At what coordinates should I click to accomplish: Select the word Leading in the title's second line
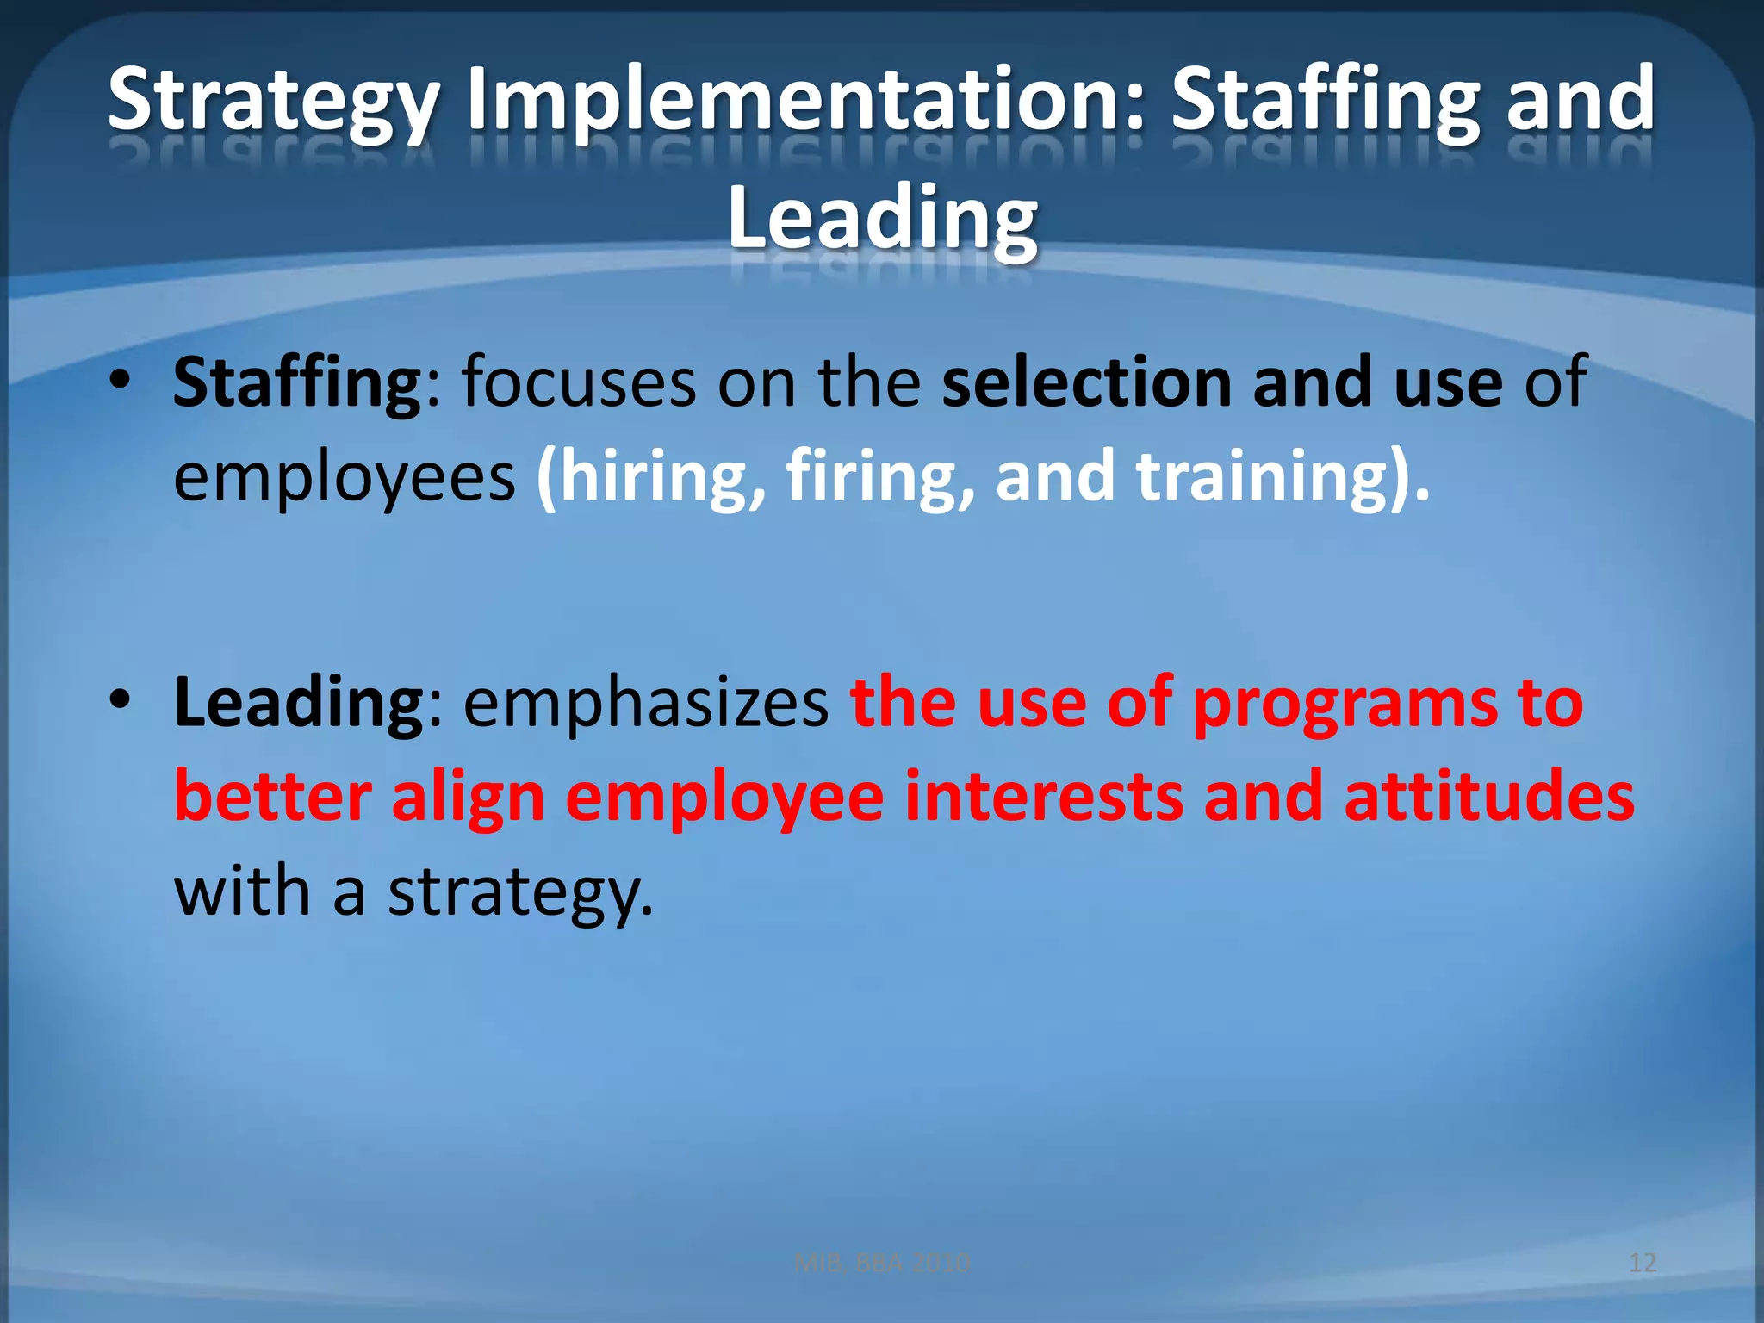[882, 219]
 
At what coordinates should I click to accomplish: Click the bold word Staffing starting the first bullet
[296, 383]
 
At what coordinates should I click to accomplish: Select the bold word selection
[1086, 383]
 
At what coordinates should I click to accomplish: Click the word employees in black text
[344, 477]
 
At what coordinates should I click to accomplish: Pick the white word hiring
[651, 477]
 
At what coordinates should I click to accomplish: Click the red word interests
[1043, 798]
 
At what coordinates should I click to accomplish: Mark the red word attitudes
[1489, 798]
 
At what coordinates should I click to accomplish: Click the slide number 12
[1643, 1263]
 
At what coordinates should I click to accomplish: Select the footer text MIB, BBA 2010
[882, 1263]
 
